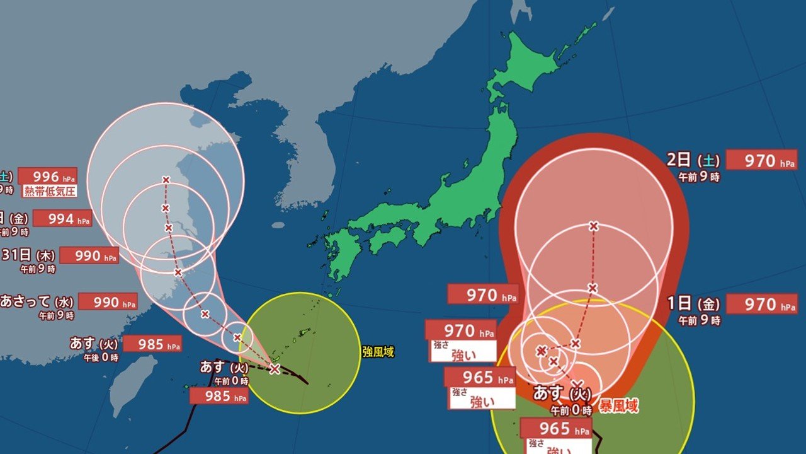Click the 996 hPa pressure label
[x=47, y=176]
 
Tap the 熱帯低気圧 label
[x=50, y=190]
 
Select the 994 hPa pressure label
[x=62, y=219]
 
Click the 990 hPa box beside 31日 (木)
[x=88, y=255]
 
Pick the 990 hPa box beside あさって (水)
[x=106, y=301]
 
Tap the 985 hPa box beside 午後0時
[x=152, y=344]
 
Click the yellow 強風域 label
[x=378, y=352]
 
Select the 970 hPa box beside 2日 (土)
[x=761, y=160]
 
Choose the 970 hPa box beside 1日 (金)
[x=761, y=304]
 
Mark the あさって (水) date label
[x=37, y=301]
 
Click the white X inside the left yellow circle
[x=275, y=369]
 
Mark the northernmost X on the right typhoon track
[x=593, y=226]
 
